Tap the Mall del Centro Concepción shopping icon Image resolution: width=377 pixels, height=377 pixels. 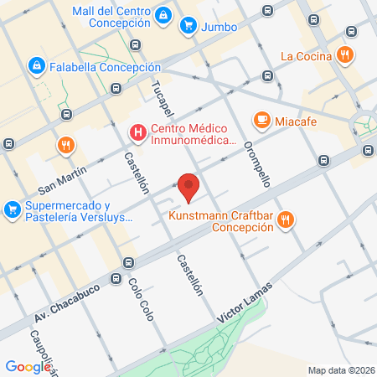(x=164, y=14)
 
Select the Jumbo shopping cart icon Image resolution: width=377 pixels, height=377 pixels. (x=188, y=26)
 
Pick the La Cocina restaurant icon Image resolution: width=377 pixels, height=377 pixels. (x=344, y=56)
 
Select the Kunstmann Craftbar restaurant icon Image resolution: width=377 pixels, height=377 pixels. (x=286, y=220)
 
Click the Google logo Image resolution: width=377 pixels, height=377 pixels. (x=28, y=366)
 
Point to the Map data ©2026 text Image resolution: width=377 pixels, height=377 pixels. (x=341, y=369)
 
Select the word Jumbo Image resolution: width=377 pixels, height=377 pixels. (x=220, y=26)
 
